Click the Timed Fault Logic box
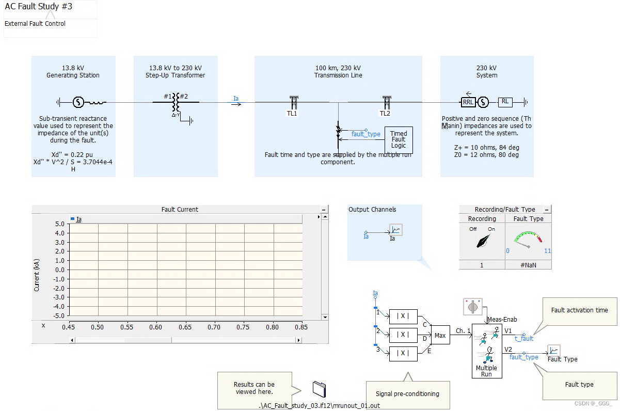coord(398,139)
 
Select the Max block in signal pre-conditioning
coord(440,335)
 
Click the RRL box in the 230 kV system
coord(468,102)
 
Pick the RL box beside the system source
coord(505,102)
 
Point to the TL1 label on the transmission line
coord(292,114)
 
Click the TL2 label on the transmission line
coord(385,114)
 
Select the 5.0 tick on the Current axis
coord(59,224)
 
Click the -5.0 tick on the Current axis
coord(58,315)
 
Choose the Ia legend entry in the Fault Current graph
coord(78,219)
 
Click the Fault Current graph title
coord(180,210)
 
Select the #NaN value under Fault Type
coord(528,265)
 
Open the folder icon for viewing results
coord(320,389)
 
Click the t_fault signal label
coord(524,339)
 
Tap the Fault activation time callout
coord(579,310)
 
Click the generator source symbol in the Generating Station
coord(78,102)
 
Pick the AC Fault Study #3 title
coord(39,7)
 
